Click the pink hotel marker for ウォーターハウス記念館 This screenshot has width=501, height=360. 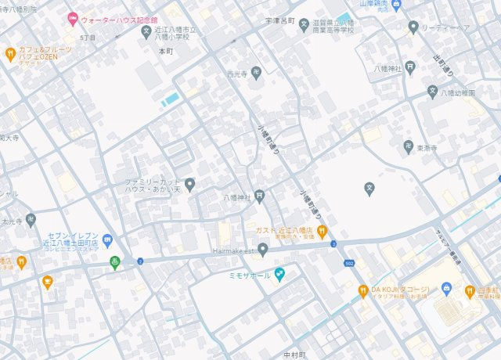point(72,18)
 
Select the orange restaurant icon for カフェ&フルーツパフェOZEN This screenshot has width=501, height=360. point(10,54)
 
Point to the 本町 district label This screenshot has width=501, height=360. point(164,51)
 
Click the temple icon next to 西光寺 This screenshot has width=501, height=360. point(256,74)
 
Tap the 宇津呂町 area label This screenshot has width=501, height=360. point(279,22)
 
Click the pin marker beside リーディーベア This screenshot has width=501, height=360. point(413,27)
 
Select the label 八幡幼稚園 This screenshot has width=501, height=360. point(459,92)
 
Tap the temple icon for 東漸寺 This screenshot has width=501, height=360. point(409,146)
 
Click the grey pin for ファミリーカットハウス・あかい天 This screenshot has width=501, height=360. point(189,185)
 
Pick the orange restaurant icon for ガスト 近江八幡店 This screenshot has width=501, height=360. point(321,231)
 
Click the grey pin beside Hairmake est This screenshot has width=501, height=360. point(263,250)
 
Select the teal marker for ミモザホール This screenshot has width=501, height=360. point(279,275)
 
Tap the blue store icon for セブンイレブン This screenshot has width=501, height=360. point(108,239)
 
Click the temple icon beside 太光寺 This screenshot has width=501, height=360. point(31,220)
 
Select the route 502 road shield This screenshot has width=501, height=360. point(348,264)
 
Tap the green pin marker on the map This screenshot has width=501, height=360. point(115,262)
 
